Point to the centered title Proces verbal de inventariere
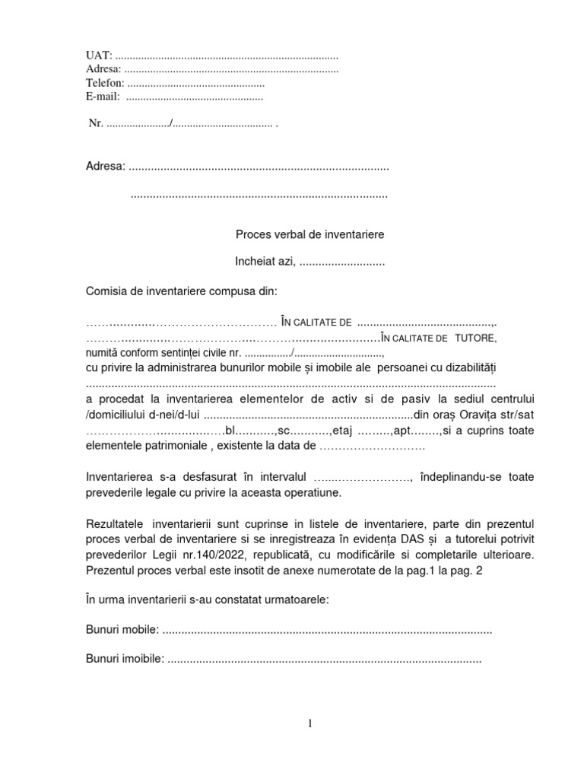click(x=310, y=235)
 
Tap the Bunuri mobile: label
click(x=122, y=630)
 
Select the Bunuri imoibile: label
click(x=125, y=660)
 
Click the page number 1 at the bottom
click(x=310, y=723)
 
